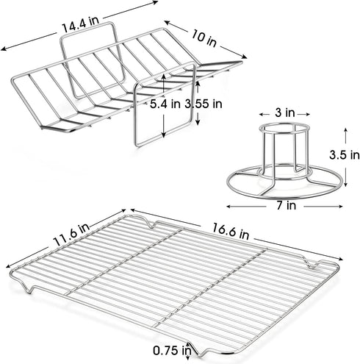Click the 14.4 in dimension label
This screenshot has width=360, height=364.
point(81,24)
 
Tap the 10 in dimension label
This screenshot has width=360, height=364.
point(204,38)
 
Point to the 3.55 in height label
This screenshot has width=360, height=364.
point(204,104)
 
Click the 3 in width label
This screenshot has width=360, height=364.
point(285,113)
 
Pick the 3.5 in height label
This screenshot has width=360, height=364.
point(345,155)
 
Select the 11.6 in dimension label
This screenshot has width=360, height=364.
point(71,235)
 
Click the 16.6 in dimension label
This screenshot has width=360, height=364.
point(230,231)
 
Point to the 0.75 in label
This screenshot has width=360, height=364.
point(172,350)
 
